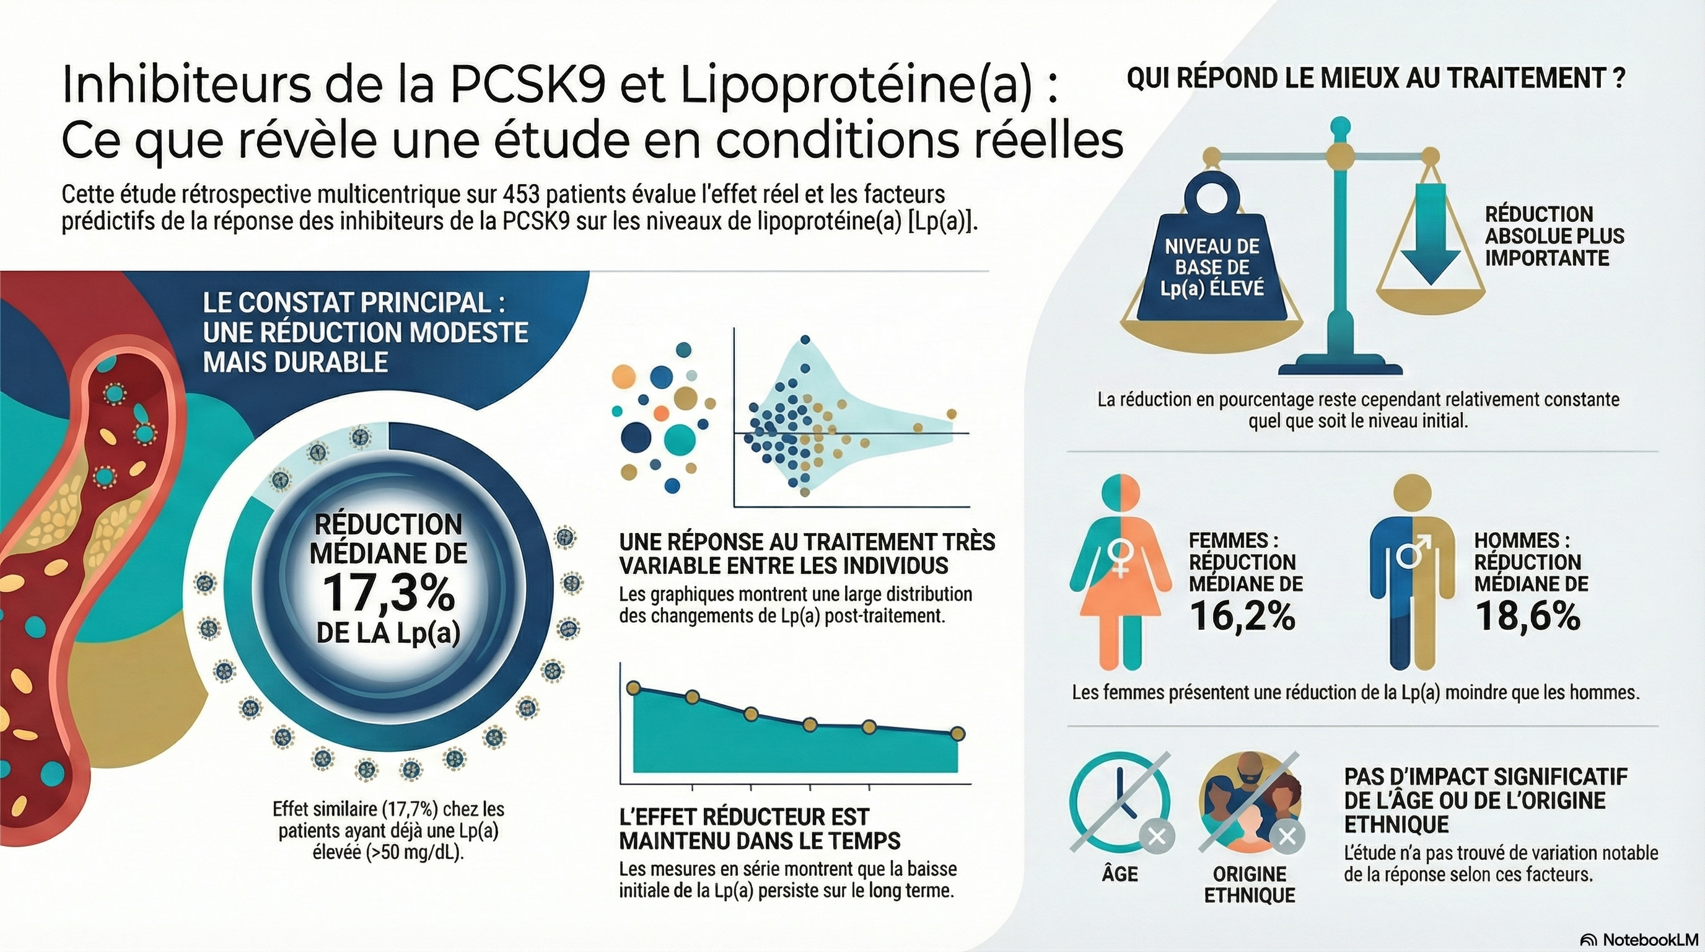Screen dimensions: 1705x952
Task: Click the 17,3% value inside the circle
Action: tap(389, 593)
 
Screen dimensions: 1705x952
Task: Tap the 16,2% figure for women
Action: tap(1242, 616)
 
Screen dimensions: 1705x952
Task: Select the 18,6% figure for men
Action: tap(1528, 616)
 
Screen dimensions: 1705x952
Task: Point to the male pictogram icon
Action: tap(1412, 573)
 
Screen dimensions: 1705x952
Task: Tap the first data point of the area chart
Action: tap(633, 688)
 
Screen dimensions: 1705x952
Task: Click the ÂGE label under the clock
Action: tap(1120, 875)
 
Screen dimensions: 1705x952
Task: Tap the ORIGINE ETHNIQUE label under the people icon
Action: tap(1250, 884)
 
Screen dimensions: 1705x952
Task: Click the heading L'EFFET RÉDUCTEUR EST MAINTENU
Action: tap(760, 828)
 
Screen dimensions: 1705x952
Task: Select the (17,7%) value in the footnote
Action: tap(410, 808)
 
